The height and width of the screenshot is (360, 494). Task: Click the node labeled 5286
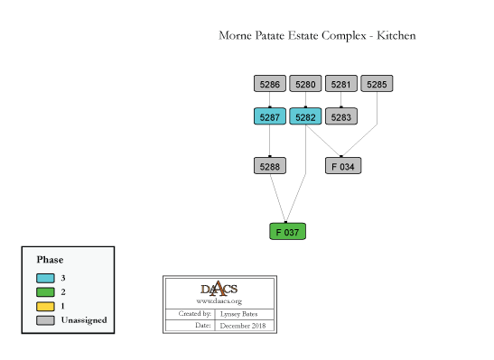(270, 84)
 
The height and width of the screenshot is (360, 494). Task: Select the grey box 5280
(305, 84)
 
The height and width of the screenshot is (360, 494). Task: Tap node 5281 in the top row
(340, 84)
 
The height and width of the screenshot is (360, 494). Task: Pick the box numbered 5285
(377, 84)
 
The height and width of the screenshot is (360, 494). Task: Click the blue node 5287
(270, 116)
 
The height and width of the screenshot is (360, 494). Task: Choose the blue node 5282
(305, 116)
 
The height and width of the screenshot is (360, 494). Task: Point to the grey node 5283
(340, 116)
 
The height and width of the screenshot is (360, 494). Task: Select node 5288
(270, 166)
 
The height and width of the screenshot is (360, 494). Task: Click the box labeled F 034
(343, 166)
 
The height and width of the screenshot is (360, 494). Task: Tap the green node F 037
(288, 232)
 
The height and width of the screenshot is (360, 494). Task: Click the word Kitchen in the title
(396, 35)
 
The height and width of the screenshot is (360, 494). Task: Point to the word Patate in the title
(271, 35)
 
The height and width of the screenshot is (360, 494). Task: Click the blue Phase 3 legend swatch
(45, 278)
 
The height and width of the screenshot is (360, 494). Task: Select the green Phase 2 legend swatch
(45, 292)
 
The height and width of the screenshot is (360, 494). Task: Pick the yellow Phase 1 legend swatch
(45, 307)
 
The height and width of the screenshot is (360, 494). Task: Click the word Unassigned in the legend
(84, 320)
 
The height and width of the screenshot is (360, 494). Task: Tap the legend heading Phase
(50, 260)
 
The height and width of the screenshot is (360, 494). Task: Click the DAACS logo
(219, 289)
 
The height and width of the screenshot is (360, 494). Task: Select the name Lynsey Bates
(238, 314)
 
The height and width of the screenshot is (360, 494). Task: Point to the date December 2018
(243, 326)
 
